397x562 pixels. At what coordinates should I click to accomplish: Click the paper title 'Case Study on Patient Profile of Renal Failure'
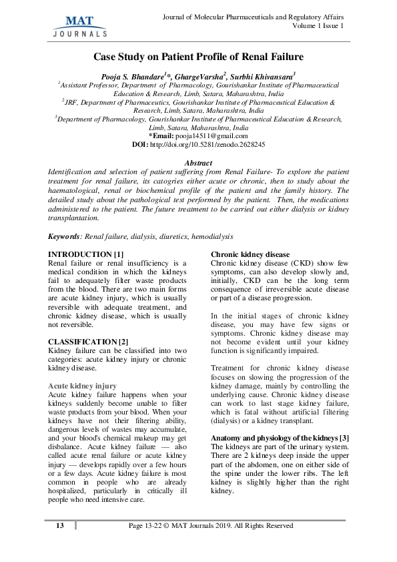point(198,57)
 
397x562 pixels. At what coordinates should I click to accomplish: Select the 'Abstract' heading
point(197,163)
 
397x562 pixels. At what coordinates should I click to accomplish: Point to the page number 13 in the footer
point(59,526)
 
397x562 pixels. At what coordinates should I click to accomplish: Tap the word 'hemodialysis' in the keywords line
point(211,236)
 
